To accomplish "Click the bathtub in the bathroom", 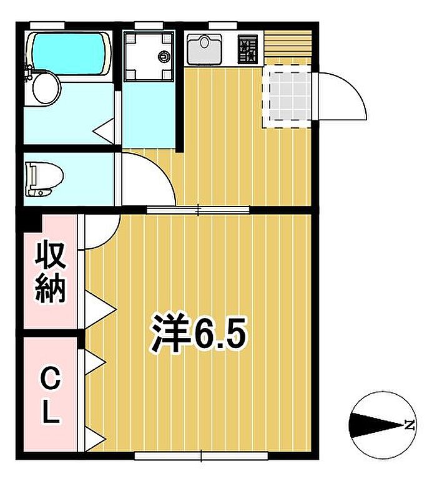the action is coord(68,54).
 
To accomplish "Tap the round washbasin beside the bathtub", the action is coord(46,89).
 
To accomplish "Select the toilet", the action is coord(44,179).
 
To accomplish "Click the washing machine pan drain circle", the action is coord(164,56).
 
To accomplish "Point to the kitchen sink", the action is coord(204,49).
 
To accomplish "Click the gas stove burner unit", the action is coord(248,49).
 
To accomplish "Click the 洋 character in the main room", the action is coord(169,333).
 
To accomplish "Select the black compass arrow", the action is coord(376,425).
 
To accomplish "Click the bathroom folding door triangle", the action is coord(104,131).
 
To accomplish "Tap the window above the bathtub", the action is coord(47,25).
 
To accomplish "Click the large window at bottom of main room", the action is coord(201,456).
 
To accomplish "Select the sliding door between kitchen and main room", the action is coord(198,210).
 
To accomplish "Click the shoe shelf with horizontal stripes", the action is coord(288,44).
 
